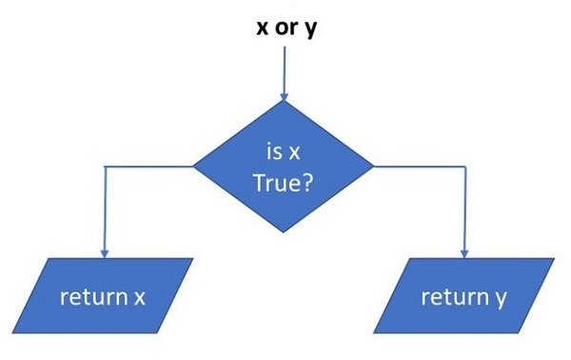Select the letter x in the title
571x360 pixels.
click(x=262, y=27)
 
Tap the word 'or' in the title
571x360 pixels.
click(x=284, y=27)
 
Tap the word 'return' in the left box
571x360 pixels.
click(x=91, y=296)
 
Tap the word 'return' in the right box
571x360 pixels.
click(x=453, y=296)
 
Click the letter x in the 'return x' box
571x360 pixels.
click(x=139, y=297)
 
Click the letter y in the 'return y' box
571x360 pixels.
click(x=500, y=298)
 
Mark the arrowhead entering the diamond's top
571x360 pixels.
click(x=284, y=95)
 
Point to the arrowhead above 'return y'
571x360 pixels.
click(x=463, y=252)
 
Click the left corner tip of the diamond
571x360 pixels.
click(x=195, y=166)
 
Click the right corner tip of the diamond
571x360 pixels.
click(x=373, y=166)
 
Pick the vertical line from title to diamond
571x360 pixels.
click(x=284, y=67)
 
